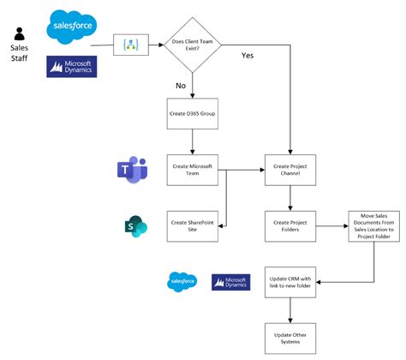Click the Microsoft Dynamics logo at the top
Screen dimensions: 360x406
coord(72,66)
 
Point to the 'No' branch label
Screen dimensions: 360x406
coord(180,87)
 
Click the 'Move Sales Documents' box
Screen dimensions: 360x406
coord(373,227)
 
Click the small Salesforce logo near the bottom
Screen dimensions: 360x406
coord(183,280)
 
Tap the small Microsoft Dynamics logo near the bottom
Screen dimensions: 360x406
coord(229,280)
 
